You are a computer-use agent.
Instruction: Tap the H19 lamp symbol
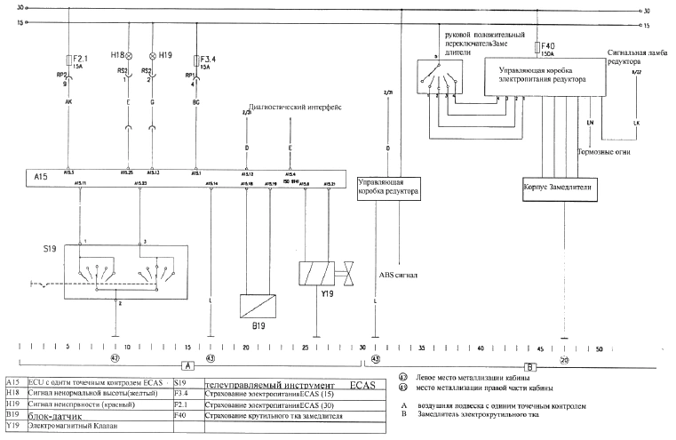point(152,55)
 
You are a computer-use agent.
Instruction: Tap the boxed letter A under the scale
point(187,365)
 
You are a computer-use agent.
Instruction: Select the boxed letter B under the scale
point(531,365)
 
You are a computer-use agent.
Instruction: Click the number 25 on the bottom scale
point(306,348)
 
